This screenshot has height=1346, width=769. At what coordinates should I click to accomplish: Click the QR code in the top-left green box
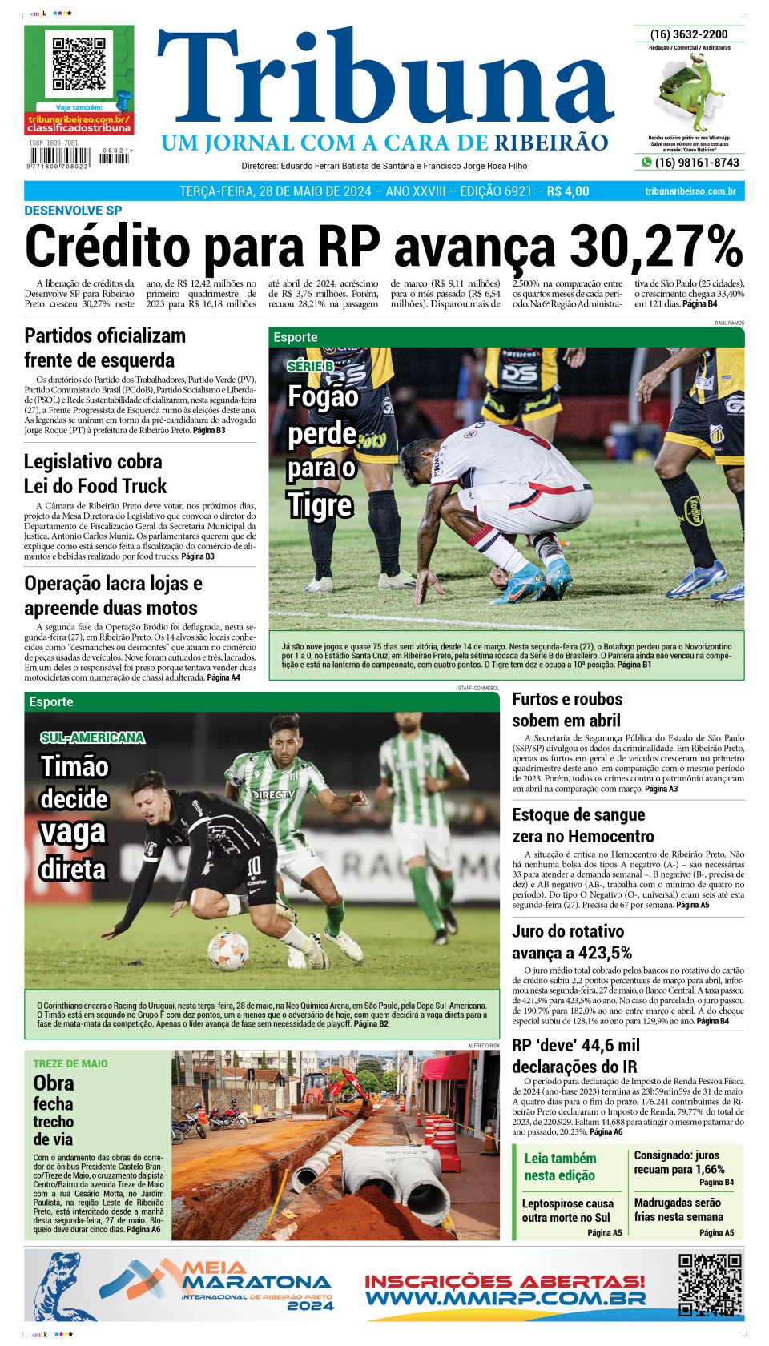[79, 63]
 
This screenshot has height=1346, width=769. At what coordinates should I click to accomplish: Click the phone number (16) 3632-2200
[689, 34]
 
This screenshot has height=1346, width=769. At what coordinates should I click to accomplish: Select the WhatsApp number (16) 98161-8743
[697, 163]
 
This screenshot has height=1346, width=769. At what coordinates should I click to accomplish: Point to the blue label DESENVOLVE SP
[73, 211]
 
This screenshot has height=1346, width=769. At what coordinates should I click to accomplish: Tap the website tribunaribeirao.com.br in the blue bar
[690, 191]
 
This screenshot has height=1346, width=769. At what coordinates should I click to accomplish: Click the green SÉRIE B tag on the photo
[310, 366]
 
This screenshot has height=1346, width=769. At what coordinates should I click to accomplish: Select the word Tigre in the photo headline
[320, 505]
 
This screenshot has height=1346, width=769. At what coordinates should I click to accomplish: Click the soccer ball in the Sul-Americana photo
[228, 950]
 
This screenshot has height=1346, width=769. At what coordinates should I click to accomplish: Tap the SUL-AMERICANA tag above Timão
[92, 737]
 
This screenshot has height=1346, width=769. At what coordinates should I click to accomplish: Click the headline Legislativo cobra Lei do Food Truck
[95, 474]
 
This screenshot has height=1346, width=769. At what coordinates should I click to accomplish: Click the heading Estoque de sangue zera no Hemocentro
[582, 826]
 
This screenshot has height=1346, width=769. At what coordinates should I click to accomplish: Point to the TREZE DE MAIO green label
[70, 1063]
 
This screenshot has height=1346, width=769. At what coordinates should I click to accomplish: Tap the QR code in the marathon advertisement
[710, 1285]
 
